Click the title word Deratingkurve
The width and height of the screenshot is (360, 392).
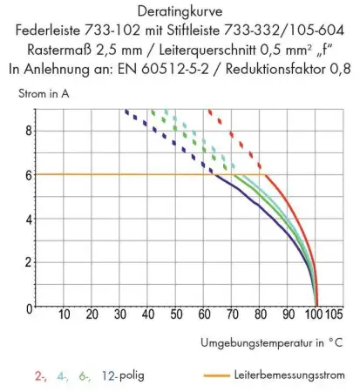179,10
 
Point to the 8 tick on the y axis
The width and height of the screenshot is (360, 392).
28,130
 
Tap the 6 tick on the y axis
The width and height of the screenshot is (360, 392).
28,174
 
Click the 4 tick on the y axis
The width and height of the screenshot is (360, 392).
28,219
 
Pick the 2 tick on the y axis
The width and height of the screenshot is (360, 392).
28,263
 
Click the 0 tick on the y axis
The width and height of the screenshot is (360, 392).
28,308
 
